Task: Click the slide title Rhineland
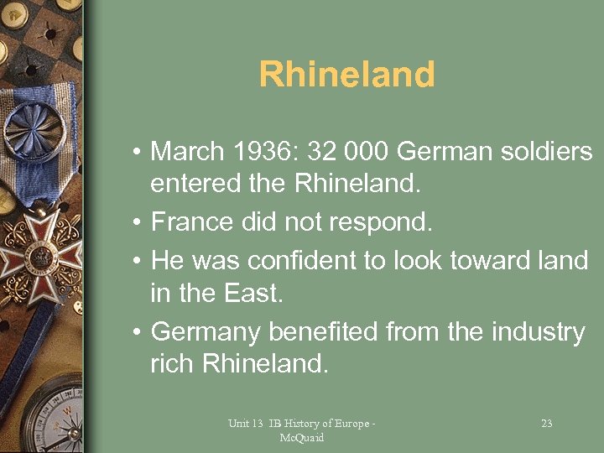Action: pyautogui.click(x=346, y=75)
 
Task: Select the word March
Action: pyautogui.click(x=187, y=152)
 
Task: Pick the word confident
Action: pyautogui.click(x=300, y=261)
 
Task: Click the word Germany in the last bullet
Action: pyautogui.click(x=206, y=333)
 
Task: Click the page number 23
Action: pyautogui.click(x=546, y=424)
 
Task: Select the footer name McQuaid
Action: pyautogui.click(x=301, y=437)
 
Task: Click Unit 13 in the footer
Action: pyautogui.click(x=244, y=424)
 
